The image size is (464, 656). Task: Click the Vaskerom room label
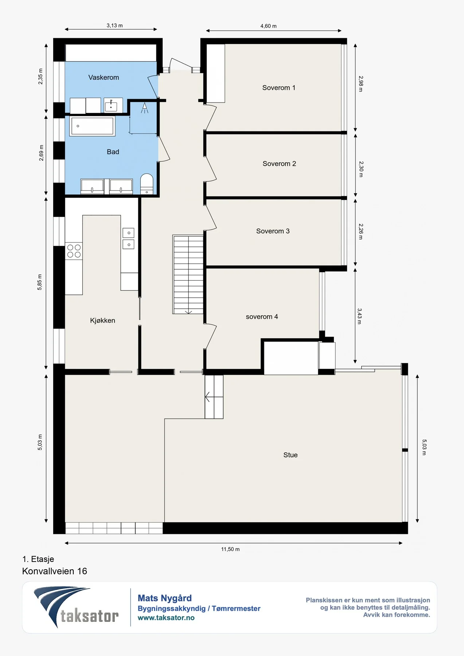click(x=104, y=77)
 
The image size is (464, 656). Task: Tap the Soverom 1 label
click(x=279, y=87)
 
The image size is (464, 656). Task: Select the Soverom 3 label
click(x=273, y=231)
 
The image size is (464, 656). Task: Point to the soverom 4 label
click(x=262, y=317)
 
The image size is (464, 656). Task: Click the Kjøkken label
click(x=102, y=320)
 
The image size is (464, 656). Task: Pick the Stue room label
click(x=291, y=455)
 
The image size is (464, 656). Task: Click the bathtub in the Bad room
click(x=93, y=126)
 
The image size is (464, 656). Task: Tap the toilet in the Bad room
click(x=147, y=184)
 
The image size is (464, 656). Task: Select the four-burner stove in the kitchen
click(x=74, y=251)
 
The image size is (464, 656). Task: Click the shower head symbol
click(x=145, y=108)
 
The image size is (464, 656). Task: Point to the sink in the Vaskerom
click(x=111, y=105)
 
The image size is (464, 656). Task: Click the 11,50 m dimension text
click(x=230, y=549)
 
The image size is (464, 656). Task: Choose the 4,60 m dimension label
click(x=268, y=26)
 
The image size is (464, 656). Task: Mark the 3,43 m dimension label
click(x=360, y=316)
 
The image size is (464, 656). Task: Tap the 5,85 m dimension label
click(x=39, y=282)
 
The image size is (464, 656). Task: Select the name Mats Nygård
click(x=165, y=598)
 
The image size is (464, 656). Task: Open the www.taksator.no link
click(x=166, y=618)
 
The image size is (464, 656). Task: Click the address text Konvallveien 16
click(x=55, y=571)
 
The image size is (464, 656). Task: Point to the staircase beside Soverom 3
click(x=188, y=274)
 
